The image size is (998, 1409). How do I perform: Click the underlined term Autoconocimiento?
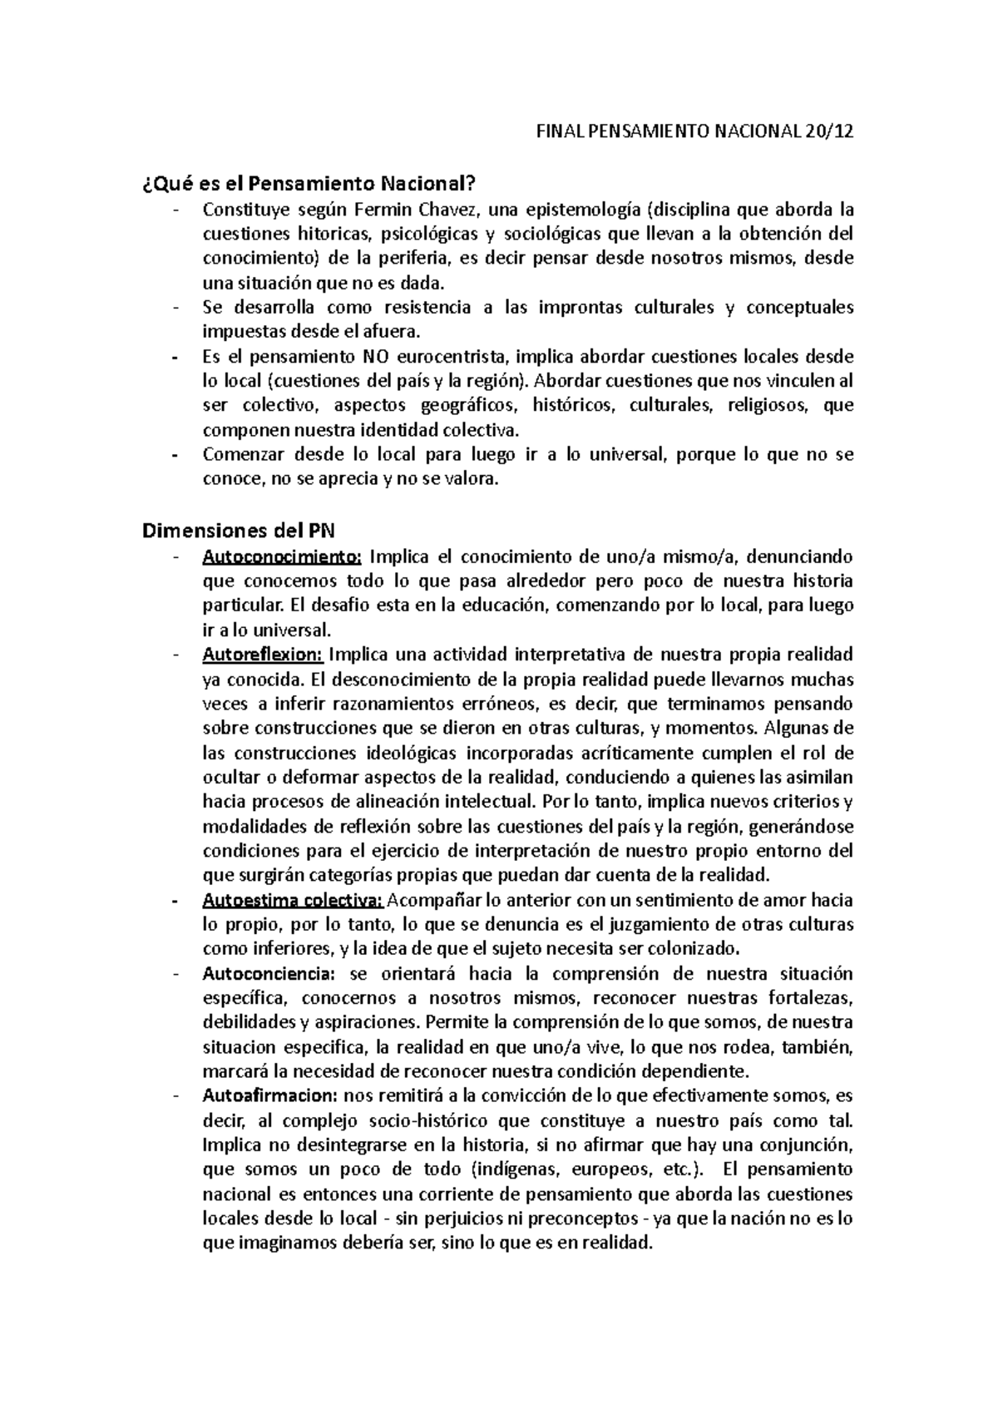coord(282,556)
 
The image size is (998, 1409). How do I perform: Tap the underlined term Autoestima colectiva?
coord(294,900)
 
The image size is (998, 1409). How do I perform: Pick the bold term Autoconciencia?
coord(268,973)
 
